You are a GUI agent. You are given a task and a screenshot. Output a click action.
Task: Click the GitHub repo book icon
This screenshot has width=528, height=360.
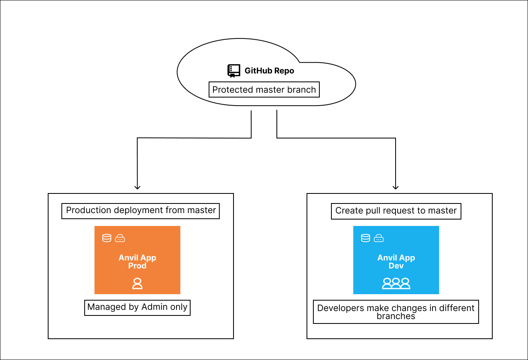[x=234, y=71]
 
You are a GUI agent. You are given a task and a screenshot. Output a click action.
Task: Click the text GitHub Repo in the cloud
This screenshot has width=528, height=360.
[x=269, y=71]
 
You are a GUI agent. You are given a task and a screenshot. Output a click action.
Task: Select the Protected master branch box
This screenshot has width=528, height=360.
[x=264, y=89]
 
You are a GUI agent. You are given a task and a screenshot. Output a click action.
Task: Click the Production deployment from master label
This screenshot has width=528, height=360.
[x=141, y=210]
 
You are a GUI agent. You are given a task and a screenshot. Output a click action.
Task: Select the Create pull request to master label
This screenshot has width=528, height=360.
[x=396, y=211]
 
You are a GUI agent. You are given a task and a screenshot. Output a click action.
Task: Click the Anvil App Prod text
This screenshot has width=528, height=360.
[x=137, y=262]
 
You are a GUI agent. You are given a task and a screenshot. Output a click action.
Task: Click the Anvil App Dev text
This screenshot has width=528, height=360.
[x=396, y=262]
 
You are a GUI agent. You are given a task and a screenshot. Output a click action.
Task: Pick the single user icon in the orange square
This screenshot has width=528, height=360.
[x=137, y=283]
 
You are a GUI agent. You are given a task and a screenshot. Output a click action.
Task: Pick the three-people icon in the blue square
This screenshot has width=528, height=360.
[x=396, y=283]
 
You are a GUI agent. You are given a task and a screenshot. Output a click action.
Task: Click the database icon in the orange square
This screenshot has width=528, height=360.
[x=107, y=238]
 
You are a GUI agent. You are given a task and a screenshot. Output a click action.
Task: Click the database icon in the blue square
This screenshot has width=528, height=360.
[x=366, y=238]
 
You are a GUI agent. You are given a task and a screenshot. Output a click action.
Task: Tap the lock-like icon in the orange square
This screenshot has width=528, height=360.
[x=120, y=238]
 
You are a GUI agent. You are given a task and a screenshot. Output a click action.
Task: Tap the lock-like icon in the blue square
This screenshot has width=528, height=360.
[x=379, y=238]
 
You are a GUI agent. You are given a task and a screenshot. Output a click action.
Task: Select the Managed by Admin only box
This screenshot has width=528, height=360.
[x=137, y=307]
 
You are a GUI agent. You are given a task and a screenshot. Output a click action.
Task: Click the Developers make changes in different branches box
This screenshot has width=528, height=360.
[x=396, y=312]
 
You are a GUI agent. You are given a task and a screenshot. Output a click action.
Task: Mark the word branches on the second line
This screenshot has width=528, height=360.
[x=396, y=316]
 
